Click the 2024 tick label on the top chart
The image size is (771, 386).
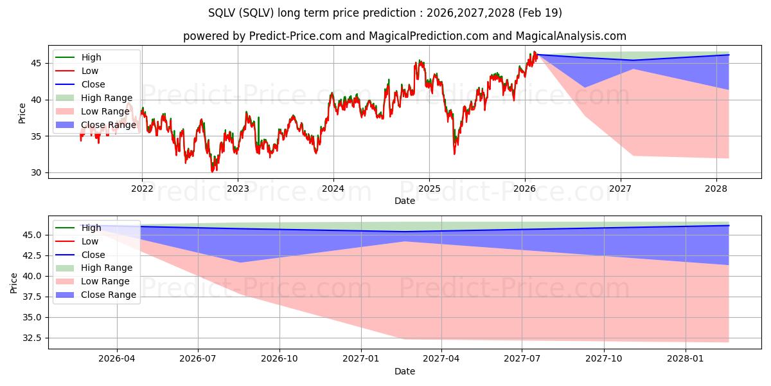point(333,189)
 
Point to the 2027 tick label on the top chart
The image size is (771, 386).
point(620,189)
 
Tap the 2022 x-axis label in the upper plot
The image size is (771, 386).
point(142,189)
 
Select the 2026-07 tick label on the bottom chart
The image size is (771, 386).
point(198,359)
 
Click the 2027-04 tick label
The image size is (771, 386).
point(441,359)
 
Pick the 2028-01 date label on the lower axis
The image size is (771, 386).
point(686,359)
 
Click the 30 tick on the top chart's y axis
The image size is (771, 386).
point(36,172)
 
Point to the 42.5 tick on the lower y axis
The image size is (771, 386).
point(31,256)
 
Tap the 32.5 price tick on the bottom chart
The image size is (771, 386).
point(31,338)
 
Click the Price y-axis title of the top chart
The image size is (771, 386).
point(22,113)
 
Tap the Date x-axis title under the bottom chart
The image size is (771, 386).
point(404,372)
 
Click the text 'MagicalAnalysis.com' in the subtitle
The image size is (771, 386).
point(571,36)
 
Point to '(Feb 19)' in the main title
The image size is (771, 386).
point(540,13)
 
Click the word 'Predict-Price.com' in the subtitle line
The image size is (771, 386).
point(296,36)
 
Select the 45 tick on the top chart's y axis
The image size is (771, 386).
point(36,63)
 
